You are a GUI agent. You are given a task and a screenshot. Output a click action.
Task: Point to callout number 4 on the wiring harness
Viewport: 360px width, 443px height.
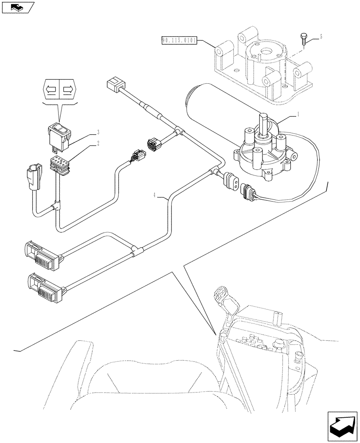point(155,194)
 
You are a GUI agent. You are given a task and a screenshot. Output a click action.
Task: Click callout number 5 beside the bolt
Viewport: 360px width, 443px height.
point(321,37)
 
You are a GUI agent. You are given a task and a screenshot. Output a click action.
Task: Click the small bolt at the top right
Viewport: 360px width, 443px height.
point(303,39)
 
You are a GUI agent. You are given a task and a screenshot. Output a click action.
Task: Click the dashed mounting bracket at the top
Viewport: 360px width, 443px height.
point(262,66)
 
